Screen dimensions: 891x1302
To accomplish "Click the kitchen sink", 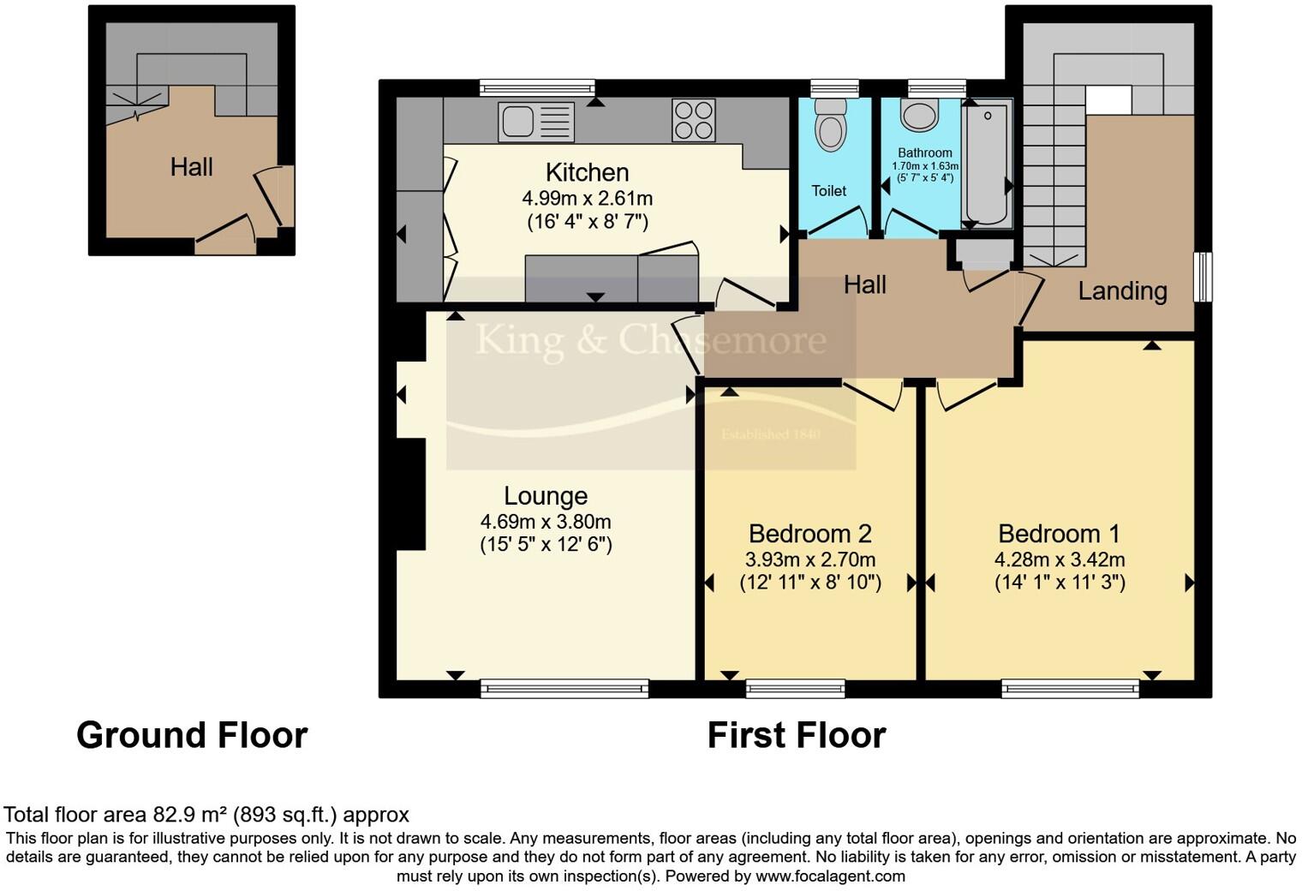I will pos(536,121).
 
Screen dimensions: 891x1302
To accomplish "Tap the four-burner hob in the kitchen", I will pos(694,120).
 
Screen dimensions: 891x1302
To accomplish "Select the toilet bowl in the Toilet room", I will pos(830,126).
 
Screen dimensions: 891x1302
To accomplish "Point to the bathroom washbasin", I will pos(919,115).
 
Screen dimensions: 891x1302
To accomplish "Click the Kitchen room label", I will pos(587,172).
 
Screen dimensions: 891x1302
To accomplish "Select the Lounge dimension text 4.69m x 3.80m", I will pos(546,522).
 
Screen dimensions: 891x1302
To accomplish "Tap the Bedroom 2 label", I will pos(809,534).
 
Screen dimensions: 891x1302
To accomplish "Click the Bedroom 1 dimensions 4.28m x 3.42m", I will pos(1059,560).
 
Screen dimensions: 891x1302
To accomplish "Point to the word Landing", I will pos(1122,291).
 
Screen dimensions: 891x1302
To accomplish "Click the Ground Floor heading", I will pos(192,735).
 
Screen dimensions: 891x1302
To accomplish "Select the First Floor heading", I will pos(796,735).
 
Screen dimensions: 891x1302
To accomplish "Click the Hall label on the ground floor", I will pos(191,167).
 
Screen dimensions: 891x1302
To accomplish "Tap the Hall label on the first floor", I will pos(864,285).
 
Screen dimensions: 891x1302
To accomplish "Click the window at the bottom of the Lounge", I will pos(564,688).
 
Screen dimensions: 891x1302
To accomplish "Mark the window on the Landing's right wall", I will pos(1203,276).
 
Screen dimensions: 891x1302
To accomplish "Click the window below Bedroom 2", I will pos(795,688).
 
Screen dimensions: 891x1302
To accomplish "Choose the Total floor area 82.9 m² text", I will pos(206,814).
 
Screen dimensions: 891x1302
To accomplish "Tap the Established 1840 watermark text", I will pos(770,434).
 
